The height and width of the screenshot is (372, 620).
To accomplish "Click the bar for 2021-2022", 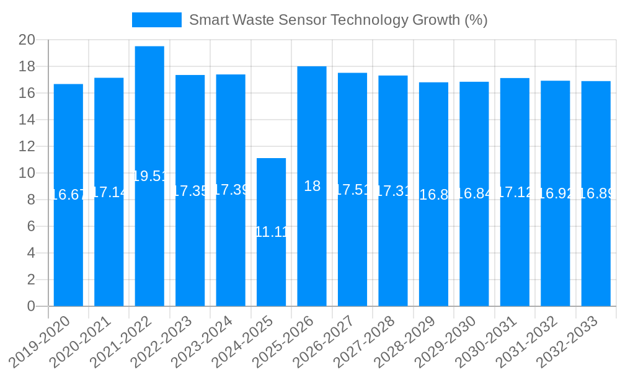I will pos(149,176).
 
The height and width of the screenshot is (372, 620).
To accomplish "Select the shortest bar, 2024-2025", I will pos(272,232).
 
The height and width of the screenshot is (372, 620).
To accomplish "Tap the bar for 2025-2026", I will pos(312,186).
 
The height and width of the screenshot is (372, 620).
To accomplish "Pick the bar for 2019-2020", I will pos(68,195).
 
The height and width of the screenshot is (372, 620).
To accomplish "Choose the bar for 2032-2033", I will pos(596,193).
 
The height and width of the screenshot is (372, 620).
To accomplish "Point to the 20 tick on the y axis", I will pos(27,40).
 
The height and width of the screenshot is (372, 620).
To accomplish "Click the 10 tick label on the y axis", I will pos(27,174).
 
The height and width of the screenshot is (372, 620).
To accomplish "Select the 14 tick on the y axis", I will pos(27,120).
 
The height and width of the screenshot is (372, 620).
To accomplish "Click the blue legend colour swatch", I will pos(157,20).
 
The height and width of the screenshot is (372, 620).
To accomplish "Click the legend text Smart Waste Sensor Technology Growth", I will pos(338,20).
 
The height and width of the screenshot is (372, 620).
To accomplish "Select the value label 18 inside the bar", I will pos(312,186).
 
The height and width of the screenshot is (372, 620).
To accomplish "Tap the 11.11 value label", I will pos(272,232).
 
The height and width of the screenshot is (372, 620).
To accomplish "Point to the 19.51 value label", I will pos(149,176).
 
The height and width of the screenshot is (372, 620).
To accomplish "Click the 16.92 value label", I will pos(556,193).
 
